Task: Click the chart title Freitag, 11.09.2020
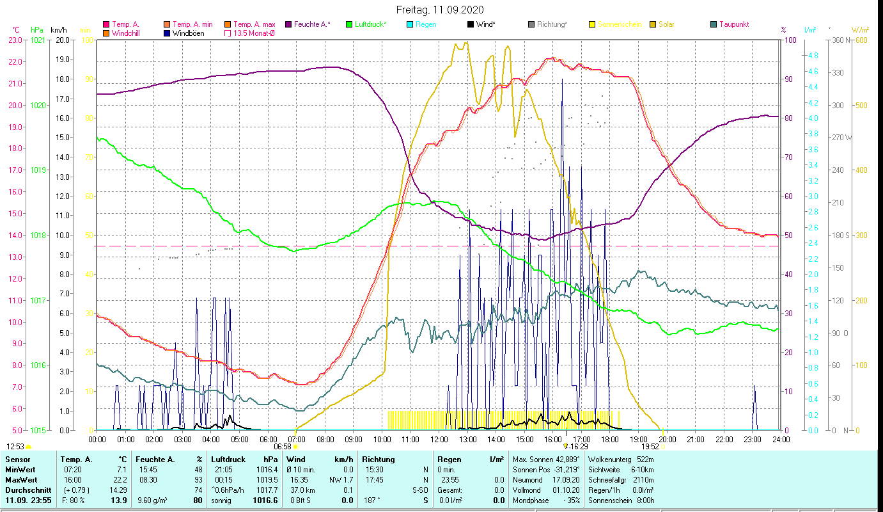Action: tap(440, 10)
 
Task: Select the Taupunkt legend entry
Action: tap(733, 24)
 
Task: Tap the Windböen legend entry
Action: tap(189, 33)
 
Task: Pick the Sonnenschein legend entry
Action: tap(619, 24)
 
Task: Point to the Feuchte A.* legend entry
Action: tap(312, 24)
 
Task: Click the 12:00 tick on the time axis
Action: tap(439, 440)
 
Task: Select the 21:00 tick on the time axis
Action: tap(696, 440)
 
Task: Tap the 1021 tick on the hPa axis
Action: tap(38, 40)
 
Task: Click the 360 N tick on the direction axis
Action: tap(840, 40)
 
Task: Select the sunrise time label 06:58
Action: tap(283, 447)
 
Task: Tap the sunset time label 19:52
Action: tap(650, 447)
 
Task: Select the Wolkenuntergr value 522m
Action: tap(646, 460)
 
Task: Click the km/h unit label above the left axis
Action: tap(58, 29)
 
